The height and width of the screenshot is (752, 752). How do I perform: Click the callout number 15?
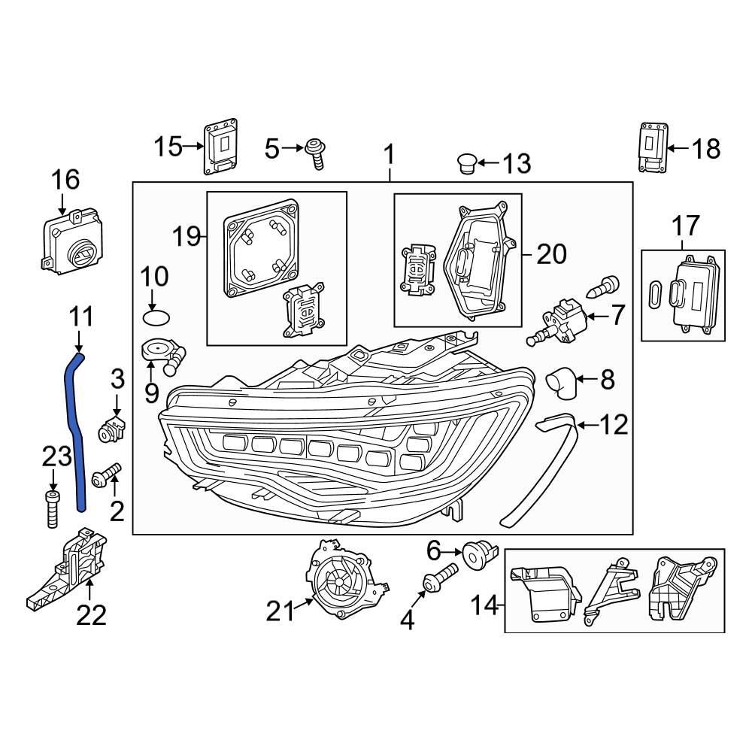click(x=168, y=147)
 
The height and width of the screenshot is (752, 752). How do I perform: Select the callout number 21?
click(x=280, y=612)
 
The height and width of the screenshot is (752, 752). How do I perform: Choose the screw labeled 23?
click(x=52, y=509)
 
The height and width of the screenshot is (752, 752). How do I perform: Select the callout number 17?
click(x=685, y=226)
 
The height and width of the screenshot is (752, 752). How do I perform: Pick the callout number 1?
click(x=389, y=156)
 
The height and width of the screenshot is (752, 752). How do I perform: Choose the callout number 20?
click(x=551, y=254)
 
